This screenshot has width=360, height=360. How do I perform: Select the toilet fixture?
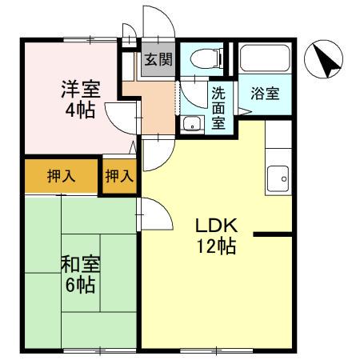click(202, 58)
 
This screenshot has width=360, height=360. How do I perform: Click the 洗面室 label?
click(218, 109)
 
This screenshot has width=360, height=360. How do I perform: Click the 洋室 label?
click(79, 87)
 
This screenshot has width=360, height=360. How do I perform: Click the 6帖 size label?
click(79, 284)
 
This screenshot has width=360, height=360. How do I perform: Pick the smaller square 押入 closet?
click(120, 176)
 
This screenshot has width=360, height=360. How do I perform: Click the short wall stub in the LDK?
click(272, 234)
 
